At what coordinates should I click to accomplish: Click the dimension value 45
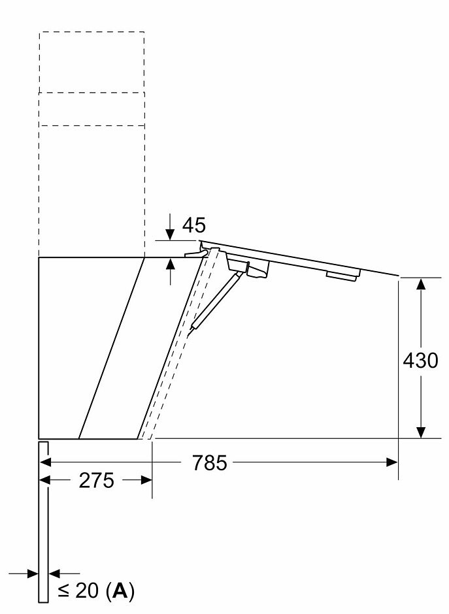click(x=194, y=225)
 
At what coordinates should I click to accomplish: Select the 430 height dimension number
click(x=420, y=361)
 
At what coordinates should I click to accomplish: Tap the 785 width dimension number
click(x=209, y=462)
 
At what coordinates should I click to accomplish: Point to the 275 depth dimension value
click(x=96, y=480)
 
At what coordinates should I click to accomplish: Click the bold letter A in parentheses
click(x=120, y=590)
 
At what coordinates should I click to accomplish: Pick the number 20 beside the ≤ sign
click(x=87, y=590)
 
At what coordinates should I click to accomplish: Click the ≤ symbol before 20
click(x=64, y=591)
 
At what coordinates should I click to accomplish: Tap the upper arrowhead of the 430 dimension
click(x=421, y=283)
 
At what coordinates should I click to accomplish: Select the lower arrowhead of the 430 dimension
click(x=421, y=432)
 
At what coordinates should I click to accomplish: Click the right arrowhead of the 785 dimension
click(x=391, y=462)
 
